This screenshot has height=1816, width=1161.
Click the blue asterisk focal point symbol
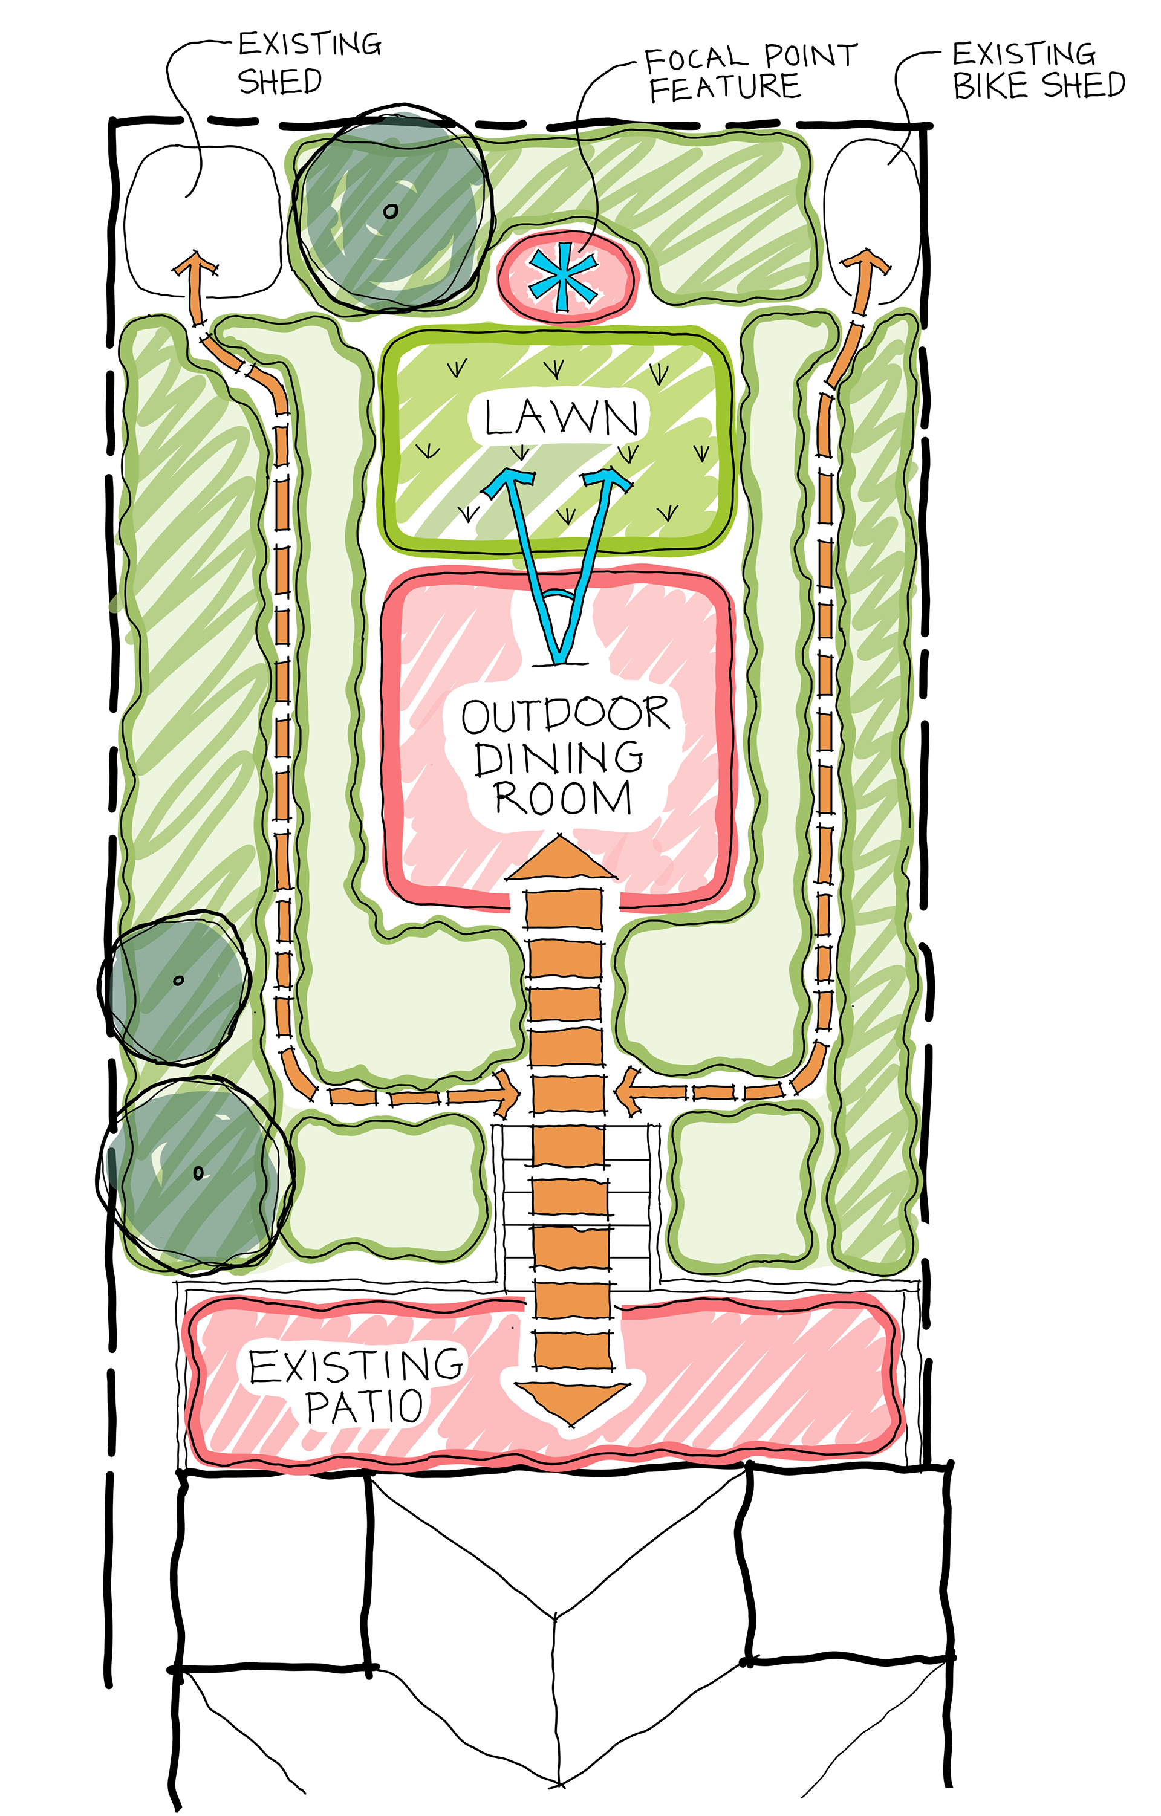click(x=564, y=277)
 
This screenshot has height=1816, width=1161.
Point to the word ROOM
click(x=563, y=799)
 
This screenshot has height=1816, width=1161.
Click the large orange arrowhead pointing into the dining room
click(x=561, y=860)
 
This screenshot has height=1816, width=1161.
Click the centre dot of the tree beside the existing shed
click(x=390, y=211)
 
